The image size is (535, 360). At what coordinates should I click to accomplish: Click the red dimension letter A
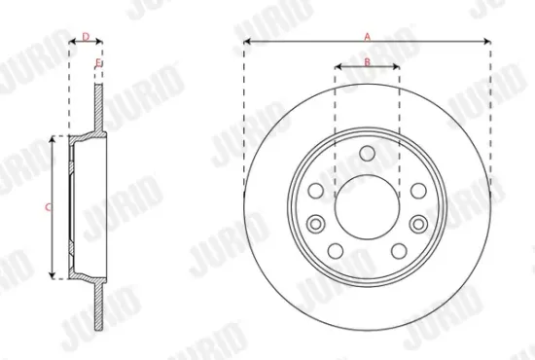click(x=368, y=35)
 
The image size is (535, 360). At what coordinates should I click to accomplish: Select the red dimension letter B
click(x=367, y=61)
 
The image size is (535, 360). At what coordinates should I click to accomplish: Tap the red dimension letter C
click(x=48, y=205)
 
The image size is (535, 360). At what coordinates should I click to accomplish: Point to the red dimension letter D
click(x=87, y=37)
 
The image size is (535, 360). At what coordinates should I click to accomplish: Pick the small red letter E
click(x=99, y=63)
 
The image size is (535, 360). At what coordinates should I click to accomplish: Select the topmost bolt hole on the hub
click(x=367, y=153)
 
